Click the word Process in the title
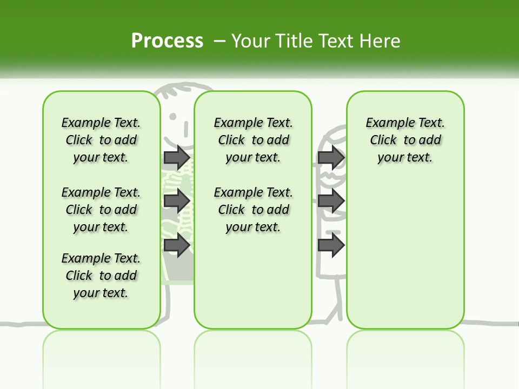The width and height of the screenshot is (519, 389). pyautogui.click(x=167, y=41)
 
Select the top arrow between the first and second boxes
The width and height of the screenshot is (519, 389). pyautogui.click(x=177, y=157)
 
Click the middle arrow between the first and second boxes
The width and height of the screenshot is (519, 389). pyautogui.click(x=177, y=202)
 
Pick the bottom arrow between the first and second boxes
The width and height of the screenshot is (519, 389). pyautogui.click(x=177, y=245)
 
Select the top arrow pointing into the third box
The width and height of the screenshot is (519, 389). pyautogui.click(x=331, y=157)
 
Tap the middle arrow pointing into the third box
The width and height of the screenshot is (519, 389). pyautogui.click(x=331, y=202)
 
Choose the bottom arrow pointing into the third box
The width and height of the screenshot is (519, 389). pyautogui.click(x=331, y=245)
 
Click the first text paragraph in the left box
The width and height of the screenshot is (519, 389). pyautogui.click(x=101, y=140)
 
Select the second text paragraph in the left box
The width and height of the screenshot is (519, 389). pyautogui.click(x=101, y=210)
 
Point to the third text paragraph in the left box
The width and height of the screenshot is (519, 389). pyautogui.click(x=101, y=276)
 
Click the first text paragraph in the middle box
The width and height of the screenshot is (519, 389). pyautogui.click(x=253, y=140)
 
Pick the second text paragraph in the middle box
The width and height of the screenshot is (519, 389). pyautogui.click(x=253, y=210)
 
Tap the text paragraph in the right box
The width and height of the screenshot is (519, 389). pyautogui.click(x=405, y=140)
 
